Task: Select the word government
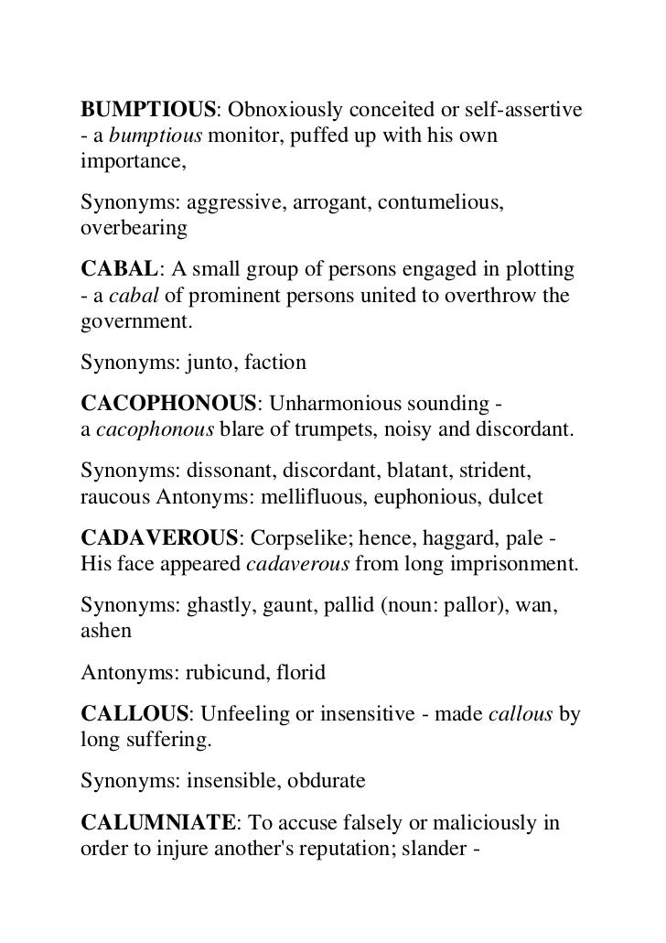pos(134,322)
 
